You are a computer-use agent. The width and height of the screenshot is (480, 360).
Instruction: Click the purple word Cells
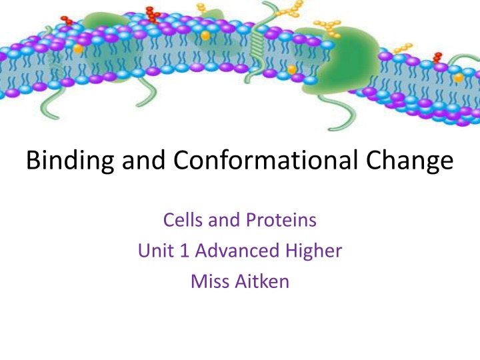coord(183,221)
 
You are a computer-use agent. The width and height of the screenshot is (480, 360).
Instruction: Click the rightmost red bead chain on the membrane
coord(438,57)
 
